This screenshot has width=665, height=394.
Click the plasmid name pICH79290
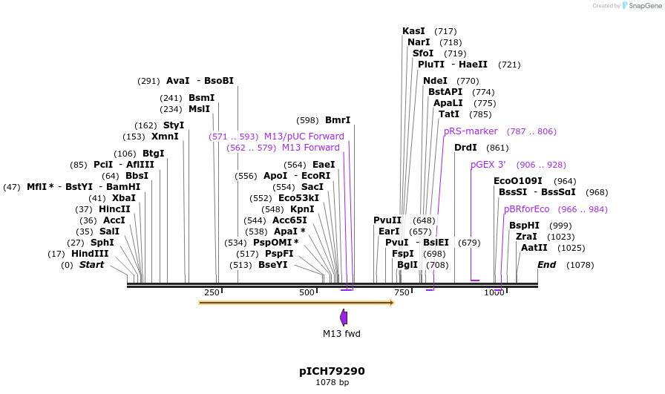pos(332,371)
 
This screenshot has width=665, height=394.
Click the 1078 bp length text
pos(332,383)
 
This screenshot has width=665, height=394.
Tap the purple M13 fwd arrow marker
pos(344,318)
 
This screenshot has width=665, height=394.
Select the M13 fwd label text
pos(341,334)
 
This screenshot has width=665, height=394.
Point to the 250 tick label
pos(212,292)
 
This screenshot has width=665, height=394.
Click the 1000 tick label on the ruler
pos(494,292)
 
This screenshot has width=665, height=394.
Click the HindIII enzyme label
pos(90,254)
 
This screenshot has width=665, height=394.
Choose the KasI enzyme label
pos(413,31)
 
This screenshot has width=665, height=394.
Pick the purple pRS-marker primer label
pos(471,131)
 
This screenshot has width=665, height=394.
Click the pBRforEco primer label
pos(526,209)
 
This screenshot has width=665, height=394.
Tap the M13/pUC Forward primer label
pos(304,137)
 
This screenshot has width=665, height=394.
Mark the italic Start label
pos(91,265)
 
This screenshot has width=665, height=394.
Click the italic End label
pos(546,265)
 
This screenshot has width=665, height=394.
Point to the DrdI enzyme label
pos(465,148)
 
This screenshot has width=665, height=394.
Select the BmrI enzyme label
pos(338,120)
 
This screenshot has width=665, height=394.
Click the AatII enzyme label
pos(534,248)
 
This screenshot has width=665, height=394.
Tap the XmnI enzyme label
pos(165,137)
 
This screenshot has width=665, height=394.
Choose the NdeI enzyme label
pos(435,81)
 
